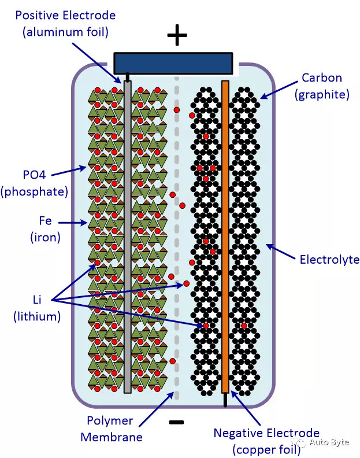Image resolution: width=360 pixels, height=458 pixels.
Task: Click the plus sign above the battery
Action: [x=177, y=35]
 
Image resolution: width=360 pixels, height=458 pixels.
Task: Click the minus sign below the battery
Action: [x=176, y=422]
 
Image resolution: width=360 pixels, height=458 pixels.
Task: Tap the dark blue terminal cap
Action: [x=173, y=63]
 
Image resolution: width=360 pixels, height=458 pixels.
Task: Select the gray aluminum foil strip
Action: [x=127, y=237]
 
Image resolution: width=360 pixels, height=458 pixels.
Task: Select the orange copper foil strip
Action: [x=225, y=237]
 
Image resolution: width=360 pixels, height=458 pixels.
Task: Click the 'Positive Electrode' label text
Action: [x=65, y=15]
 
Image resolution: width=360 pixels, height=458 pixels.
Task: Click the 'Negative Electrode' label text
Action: [x=266, y=433]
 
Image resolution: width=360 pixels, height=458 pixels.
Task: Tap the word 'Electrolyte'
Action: [x=329, y=260]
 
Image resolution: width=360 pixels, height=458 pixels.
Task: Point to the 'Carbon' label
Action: [x=322, y=77]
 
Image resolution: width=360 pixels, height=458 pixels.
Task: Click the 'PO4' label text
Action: [x=35, y=175]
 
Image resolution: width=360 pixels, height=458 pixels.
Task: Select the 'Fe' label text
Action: [x=45, y=220]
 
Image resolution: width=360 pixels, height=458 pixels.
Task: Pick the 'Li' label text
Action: [x=37, y=300]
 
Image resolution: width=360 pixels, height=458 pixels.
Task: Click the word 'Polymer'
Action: [x=110, y=421]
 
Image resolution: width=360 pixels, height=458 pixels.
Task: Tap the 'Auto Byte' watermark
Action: [x=329, y=442]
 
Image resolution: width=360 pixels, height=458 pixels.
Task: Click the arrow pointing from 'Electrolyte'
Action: [x=281, y=252]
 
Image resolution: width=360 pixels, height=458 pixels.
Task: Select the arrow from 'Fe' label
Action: [x=73, y=223]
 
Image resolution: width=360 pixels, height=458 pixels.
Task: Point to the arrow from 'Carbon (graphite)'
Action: [x=279, y=90]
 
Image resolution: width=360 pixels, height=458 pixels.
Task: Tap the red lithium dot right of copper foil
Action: [x=244, y=326]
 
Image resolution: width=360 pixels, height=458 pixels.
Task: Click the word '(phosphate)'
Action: [x=35, y=191]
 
